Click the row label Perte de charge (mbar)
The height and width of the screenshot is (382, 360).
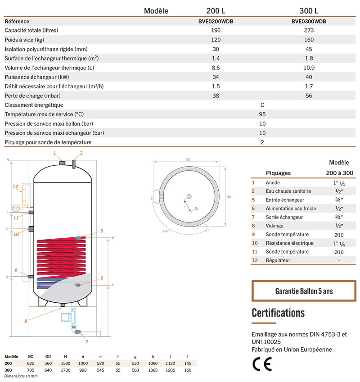click(x=32, y=96)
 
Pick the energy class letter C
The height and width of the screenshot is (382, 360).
click(x=262, y=105)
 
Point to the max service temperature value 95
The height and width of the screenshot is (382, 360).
click(x=262, y=114)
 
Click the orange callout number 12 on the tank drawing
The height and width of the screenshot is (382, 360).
click(x=15, y=186)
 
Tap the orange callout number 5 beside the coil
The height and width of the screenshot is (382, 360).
click(x=102, y=231)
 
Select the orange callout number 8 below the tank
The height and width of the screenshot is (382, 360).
click(x=26, y=321)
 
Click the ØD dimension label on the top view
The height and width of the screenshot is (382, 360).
click(x=229, y=196)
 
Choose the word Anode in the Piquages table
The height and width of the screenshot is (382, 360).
click(x=273, y=183)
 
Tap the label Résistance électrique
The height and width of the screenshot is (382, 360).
click(x=289, y=243)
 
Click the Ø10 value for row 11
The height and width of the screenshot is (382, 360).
click(x=339, y=252)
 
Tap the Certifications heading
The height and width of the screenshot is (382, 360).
click(x=278, y=313)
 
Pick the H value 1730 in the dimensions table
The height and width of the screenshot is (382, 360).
click(x=66, y=370)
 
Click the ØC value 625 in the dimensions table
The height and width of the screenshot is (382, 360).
click(x=31, y=363)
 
